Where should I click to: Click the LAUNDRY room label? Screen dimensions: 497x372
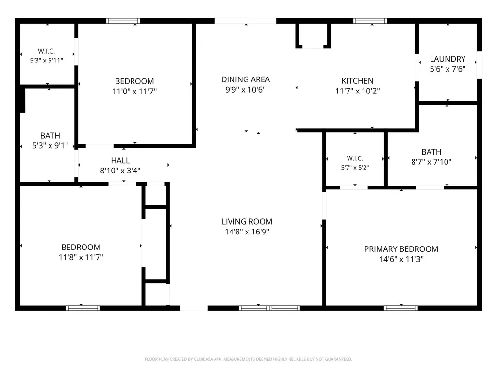447,59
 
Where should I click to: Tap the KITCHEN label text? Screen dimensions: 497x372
358,81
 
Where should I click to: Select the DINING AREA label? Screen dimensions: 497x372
246,79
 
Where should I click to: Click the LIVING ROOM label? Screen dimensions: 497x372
247,222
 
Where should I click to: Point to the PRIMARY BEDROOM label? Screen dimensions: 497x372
401,249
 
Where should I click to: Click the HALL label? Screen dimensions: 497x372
120,161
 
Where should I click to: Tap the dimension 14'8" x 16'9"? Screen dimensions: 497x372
247,232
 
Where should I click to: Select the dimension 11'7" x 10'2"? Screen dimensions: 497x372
358,91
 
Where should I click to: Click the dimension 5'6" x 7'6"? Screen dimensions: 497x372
447,69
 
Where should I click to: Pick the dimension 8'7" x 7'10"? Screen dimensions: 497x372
431,162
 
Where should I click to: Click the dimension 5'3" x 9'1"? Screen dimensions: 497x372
50,145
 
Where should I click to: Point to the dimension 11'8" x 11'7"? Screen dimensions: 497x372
81,257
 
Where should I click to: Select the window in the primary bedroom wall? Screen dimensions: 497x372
400,308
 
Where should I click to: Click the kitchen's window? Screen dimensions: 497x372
370,21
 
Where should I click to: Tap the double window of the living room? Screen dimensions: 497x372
269,308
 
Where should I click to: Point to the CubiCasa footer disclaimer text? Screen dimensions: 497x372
248,359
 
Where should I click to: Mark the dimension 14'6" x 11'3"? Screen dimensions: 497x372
401,260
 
